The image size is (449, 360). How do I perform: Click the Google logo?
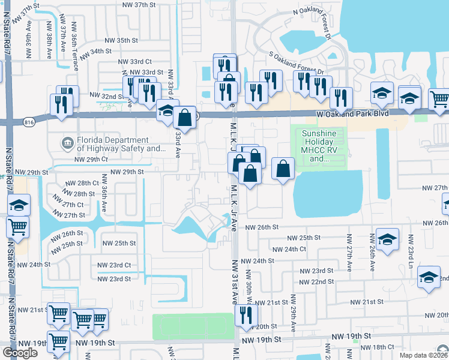tap(20, 353)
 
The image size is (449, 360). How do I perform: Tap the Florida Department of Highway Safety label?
tap(113, 145)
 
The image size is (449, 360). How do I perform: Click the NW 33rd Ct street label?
tap(135, 61)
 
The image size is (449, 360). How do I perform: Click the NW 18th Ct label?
tap(383, 347)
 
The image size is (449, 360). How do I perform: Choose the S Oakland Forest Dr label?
tap(296, 62)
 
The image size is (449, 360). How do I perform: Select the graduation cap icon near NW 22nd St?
tap(429, 277)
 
